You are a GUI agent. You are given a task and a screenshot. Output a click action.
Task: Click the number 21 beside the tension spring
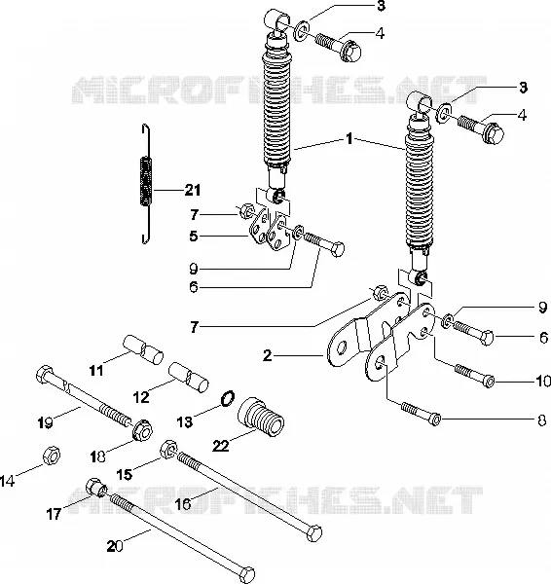[193, 191]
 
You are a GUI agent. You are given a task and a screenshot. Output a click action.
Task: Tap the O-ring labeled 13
[227, 399]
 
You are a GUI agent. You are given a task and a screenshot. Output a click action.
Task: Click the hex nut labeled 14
[52, 456]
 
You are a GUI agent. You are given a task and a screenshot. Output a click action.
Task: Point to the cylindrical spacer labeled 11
[143, 348]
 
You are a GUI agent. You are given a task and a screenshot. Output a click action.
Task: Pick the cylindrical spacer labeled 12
[189, 377]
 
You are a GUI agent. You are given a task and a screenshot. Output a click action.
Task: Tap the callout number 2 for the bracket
[268, 355]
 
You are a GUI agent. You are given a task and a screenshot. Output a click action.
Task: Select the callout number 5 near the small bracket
[193, 236]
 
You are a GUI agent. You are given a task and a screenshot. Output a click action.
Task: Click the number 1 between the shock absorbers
[349, 138]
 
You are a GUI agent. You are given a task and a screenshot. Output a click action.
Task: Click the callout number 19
[45, 423]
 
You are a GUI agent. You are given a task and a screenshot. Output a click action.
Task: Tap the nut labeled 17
[96, 488]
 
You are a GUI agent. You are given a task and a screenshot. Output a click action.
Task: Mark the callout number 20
[114, 546]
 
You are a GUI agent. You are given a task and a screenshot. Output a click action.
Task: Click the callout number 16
[183, 504]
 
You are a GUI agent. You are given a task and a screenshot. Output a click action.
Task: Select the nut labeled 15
[168, 449]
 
